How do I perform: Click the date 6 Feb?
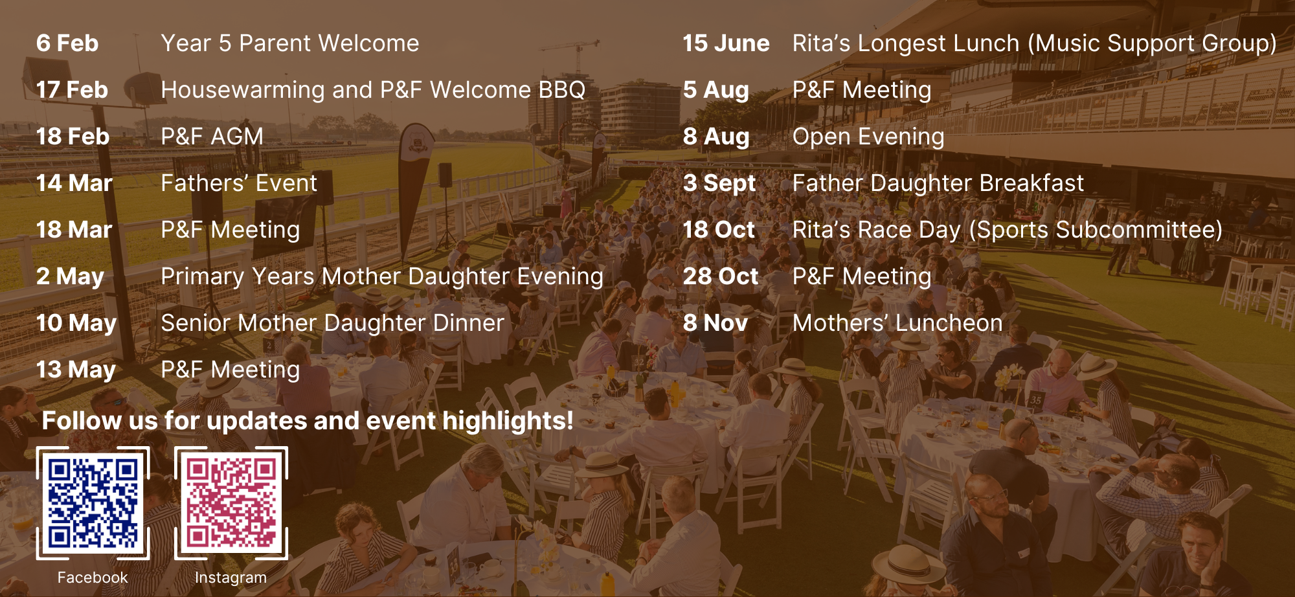pos(67,43)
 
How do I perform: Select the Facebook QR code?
pos(93,503)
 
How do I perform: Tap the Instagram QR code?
pos(231,503)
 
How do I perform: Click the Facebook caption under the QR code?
pos(93,578)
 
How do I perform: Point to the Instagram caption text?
pos(231,578)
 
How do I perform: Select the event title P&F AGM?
pos(212,137)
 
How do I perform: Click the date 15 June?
pos(726,43)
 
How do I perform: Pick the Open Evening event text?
pos(868,137)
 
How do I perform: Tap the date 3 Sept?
pos(719,184)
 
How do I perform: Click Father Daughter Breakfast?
pos(938,183)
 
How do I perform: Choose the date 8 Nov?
pos(715,323)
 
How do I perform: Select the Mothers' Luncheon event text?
pos(897,323)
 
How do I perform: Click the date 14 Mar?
pos(74,183)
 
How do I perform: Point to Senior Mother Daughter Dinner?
pos(332,323)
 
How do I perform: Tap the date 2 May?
pos(70,277)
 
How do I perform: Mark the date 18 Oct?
pos(719,230)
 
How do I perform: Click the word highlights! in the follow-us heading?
pos(508,422)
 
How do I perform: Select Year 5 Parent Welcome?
pos(290,43)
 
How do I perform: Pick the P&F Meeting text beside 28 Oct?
pos(862,277)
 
